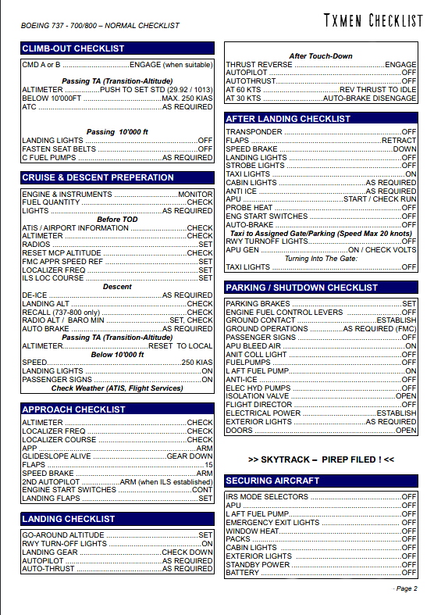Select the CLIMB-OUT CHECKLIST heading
tap(73, 48)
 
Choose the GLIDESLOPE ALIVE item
tap(57, 456)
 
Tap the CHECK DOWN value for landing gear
tap(187, 552)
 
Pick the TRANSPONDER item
tap(254, 132)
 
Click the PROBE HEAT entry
tap(249, 208)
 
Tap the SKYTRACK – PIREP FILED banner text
tap(321, 459)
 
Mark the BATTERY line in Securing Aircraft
tap(243, 573)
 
